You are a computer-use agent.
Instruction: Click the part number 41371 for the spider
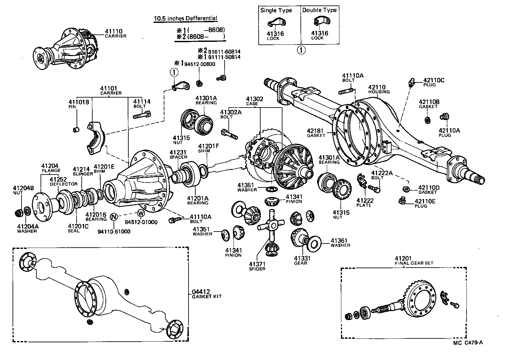pos(257,264)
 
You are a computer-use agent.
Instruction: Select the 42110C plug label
pos(434,81)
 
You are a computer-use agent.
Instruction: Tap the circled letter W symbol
pos(141,213)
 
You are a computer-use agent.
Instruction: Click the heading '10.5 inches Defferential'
pos(186,18)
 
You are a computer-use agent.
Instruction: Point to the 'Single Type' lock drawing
pos(277,24)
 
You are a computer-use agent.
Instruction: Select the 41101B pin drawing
pos(76,130)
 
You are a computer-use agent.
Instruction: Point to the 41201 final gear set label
pos(403,258)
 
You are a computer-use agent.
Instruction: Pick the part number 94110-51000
pos(114,232)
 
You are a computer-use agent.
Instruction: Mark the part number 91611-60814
pos(224,52)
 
